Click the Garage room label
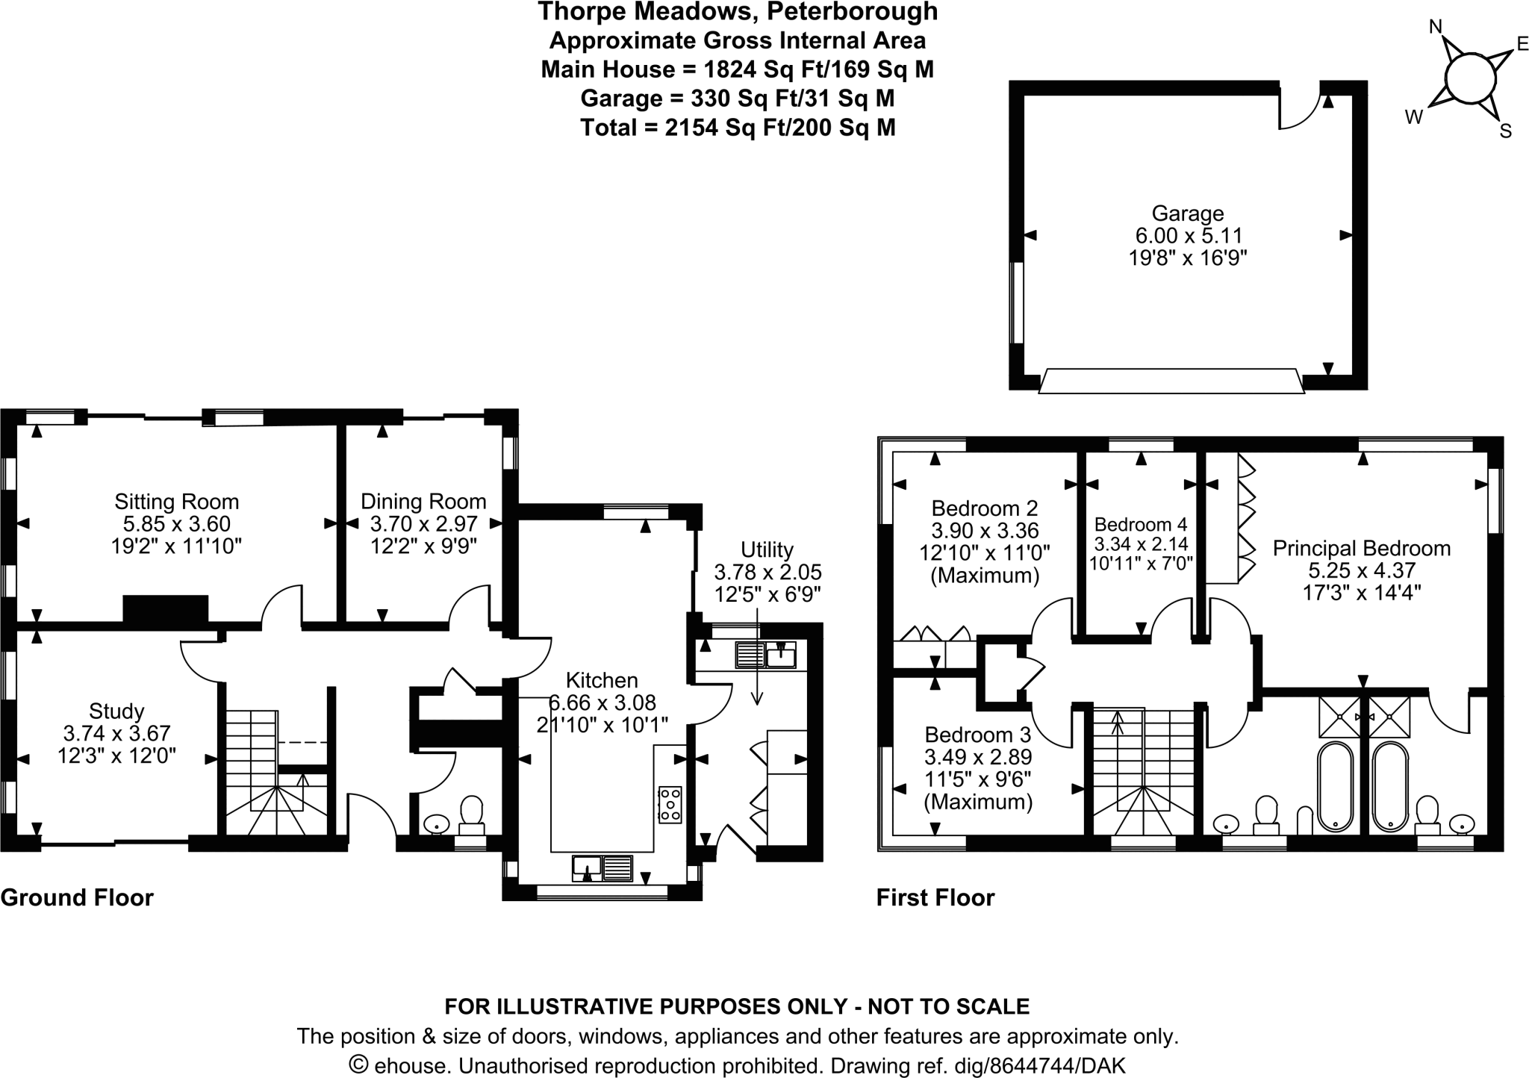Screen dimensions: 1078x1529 pos(1187,214)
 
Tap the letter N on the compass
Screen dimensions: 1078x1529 pos(1435,28)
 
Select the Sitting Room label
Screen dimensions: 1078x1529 pos(177,502)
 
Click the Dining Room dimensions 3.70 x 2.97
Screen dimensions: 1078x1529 pos(423,524)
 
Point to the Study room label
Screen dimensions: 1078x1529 pos(116,711)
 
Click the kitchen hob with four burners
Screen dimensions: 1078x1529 pos(670,806)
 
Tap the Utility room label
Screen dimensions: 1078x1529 pos(767,550)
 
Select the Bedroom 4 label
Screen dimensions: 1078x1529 pos(1140,525)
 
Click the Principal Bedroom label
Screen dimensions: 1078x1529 pos(1361,549)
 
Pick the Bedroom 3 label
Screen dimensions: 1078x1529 pos(977,735)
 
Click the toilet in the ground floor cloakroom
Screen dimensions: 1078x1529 pos(471,815)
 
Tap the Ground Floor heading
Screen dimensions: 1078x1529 pos(77,897)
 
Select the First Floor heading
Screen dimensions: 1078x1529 pos(935,897)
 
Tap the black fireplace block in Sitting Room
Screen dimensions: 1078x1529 pos(165,609)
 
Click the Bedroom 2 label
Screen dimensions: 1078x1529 pos(984,509)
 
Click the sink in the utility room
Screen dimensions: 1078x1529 pos(767,655)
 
